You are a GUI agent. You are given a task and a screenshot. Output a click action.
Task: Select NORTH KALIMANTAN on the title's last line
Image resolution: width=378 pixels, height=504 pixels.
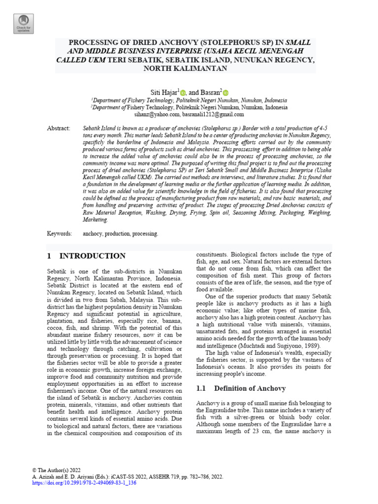[185, 68]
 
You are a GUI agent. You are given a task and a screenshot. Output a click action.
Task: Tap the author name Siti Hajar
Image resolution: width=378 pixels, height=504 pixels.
[164, 93]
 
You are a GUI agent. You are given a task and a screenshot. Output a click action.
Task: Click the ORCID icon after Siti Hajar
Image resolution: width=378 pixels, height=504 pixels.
[183, 93]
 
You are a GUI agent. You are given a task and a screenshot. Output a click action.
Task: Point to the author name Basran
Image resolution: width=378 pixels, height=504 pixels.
[210, 93]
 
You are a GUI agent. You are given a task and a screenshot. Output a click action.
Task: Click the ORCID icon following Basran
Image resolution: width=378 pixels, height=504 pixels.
[225, 93]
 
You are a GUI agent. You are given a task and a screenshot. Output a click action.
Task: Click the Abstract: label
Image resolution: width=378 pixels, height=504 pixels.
[59, 128]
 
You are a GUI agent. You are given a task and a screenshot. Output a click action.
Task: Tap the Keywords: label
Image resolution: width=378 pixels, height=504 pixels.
[60, 234]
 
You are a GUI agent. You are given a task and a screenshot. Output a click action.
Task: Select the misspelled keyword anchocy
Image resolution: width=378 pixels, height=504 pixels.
[94, 234]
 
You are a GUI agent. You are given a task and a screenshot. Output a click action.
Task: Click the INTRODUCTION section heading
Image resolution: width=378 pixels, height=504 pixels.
[92, 256]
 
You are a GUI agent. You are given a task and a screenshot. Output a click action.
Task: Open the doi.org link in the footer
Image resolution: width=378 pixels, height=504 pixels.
[84, 483]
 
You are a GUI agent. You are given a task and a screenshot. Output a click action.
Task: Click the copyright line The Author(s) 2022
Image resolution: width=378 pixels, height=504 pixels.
[56, 470]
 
